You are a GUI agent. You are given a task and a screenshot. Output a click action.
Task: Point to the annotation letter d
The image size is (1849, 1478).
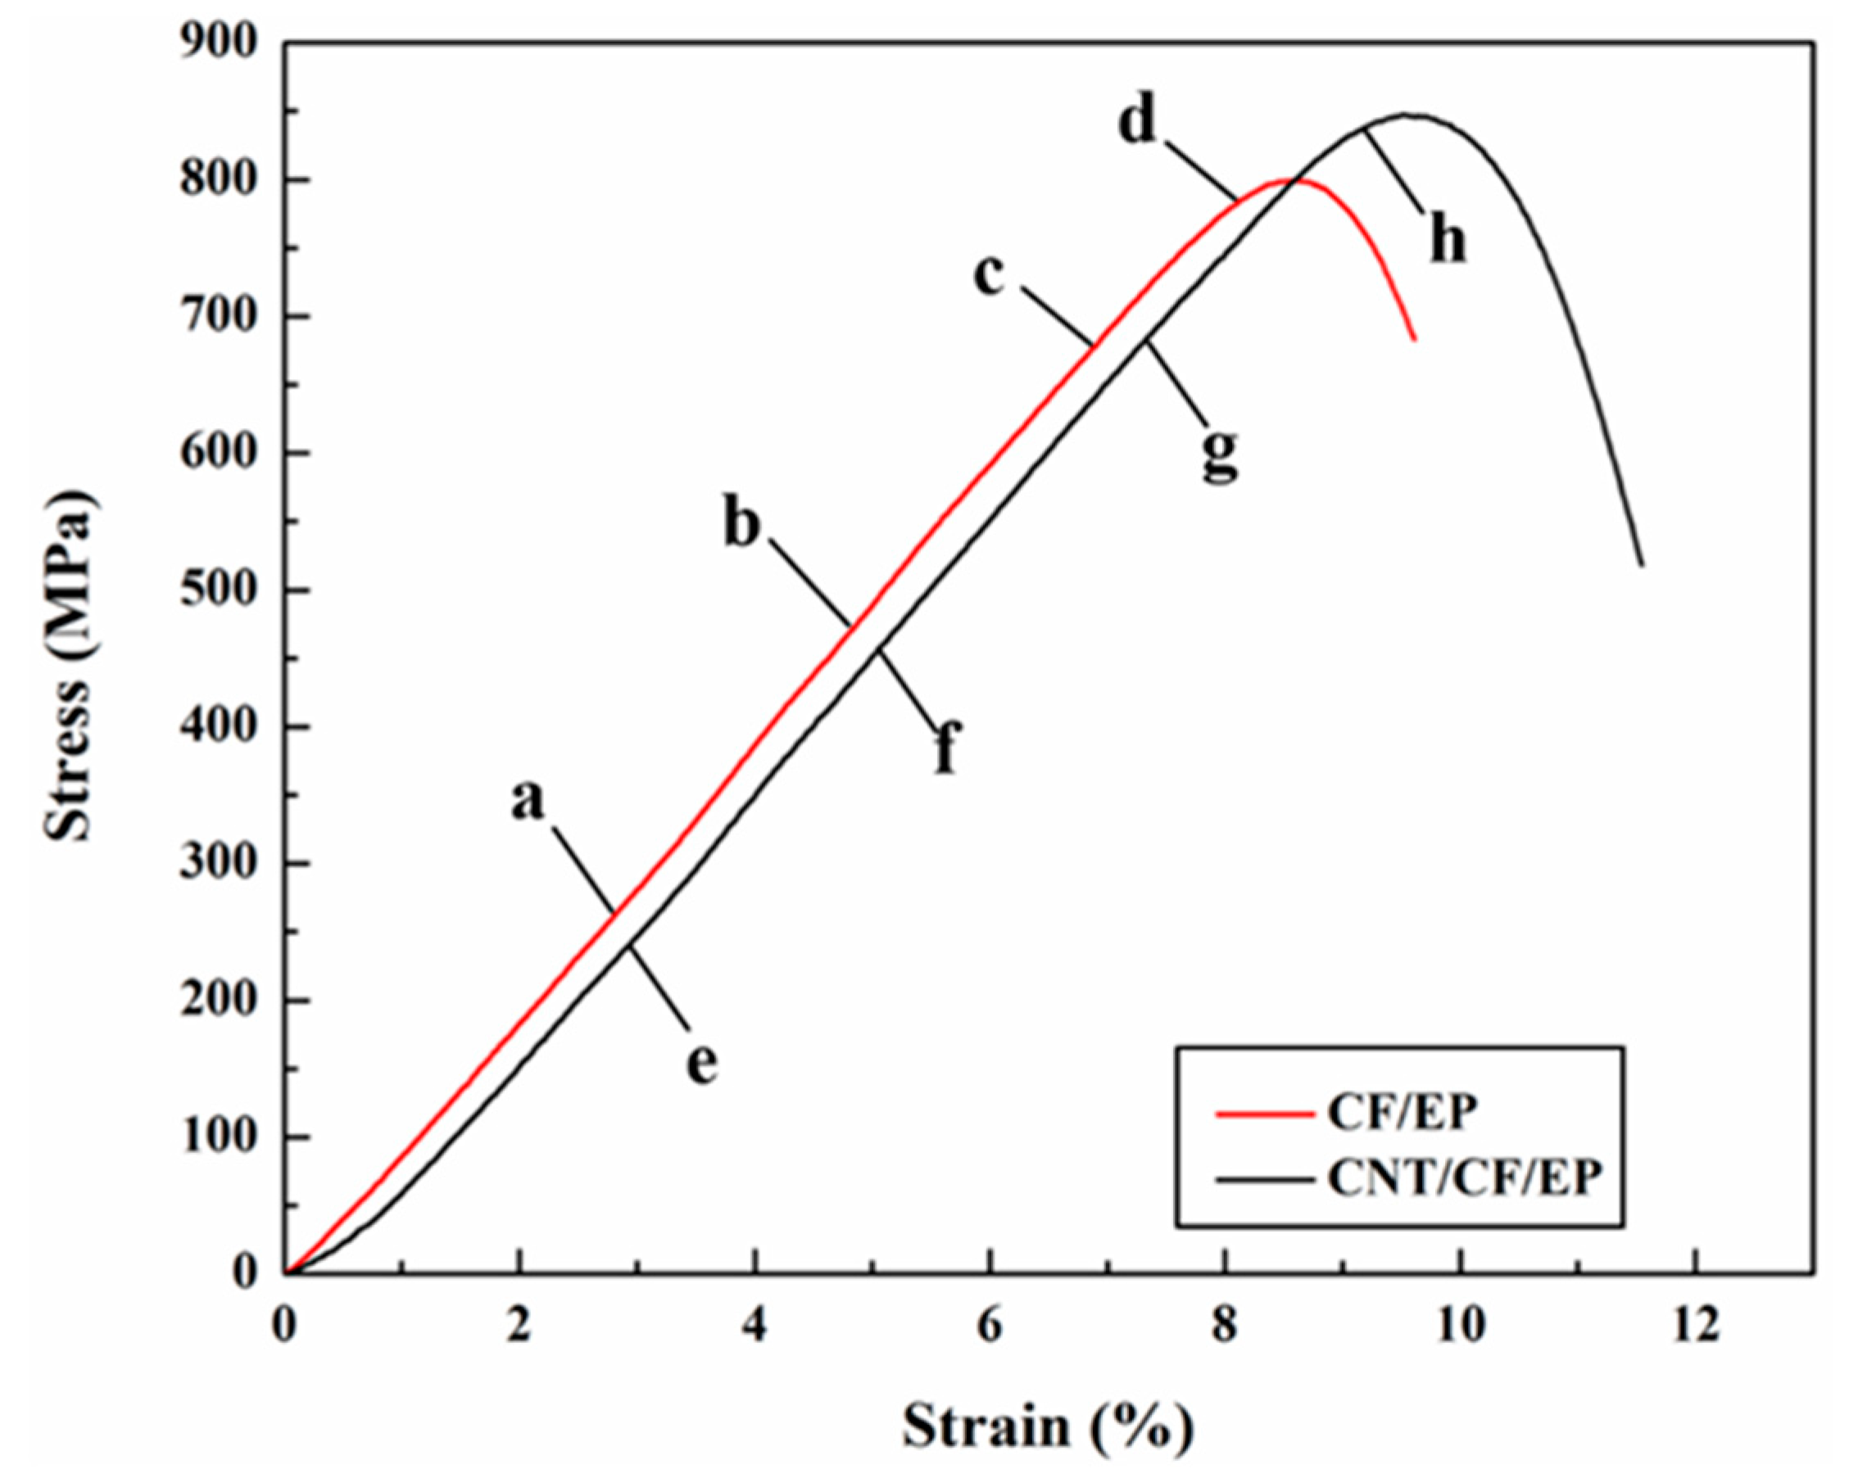(x=1137, y=123)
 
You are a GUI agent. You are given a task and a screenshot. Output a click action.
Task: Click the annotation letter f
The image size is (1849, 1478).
(x=946, y=748)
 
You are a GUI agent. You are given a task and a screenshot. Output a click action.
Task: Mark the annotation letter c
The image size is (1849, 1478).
(x=990, y=277)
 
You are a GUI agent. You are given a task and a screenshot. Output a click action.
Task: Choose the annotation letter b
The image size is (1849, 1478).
(x=742, y=522)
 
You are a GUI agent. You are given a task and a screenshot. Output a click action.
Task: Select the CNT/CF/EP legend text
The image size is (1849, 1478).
(x=1464, y=1179)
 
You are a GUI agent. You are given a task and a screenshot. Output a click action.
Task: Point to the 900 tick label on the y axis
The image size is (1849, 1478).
(x=219, y=43)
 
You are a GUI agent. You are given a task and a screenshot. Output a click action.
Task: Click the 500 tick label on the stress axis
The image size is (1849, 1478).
(x=219, y=590)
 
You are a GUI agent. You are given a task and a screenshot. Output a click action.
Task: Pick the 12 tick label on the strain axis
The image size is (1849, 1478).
(x=1696, y=1326)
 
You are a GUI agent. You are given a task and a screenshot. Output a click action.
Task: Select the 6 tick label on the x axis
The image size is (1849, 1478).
(x=990, y=1326)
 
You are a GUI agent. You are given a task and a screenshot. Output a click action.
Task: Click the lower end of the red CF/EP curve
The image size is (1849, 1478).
(x=1414, y=341)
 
